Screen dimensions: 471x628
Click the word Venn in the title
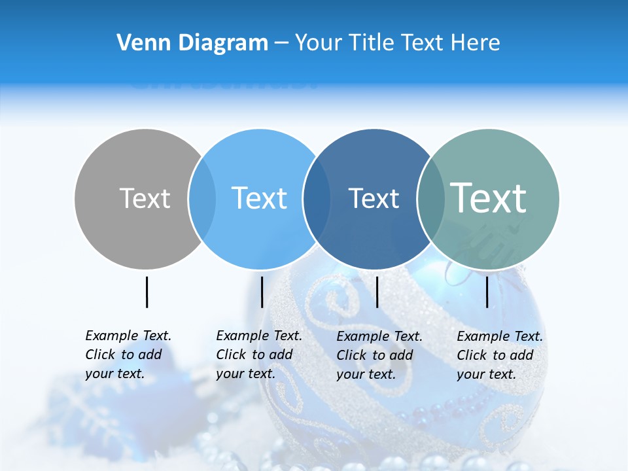(x=138, y=43)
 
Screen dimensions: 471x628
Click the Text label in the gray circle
(x=145, y=198)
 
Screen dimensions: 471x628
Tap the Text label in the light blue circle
(x=260, y=198)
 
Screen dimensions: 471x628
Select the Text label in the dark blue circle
(x=374, y=198)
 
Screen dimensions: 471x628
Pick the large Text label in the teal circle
(x=489, y=198)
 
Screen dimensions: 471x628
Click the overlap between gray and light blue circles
(x=202, y=199)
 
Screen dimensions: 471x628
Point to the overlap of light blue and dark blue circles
(x=317, y=199)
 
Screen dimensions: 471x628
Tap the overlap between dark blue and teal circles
(x=430, y=199)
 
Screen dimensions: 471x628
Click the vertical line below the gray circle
(x=147, y=292)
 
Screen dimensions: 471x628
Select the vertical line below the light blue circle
(x=262, y=292)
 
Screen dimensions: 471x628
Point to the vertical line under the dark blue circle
(x=377, y=292)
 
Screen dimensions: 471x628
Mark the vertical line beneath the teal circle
(x=487, y=292)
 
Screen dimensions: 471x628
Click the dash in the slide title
(x=281, y=44)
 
